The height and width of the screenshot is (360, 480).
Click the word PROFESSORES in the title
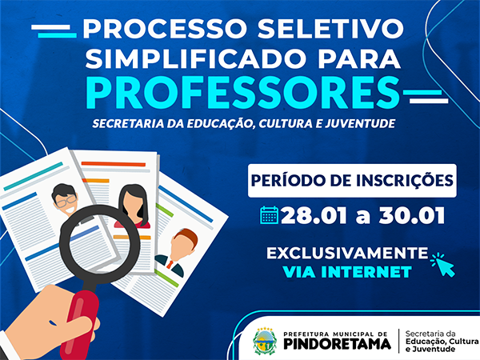[243, 93]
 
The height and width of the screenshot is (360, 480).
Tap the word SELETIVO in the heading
[330, 29]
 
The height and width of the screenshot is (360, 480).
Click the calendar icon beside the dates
[270, 215]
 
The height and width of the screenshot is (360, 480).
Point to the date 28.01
[314, 216]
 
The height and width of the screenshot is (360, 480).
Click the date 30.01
[412, 216]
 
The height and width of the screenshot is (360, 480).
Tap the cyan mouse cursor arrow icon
[442, 264]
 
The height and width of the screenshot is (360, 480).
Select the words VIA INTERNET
[347, 272]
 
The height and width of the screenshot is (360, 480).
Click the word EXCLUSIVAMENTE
[347, 253]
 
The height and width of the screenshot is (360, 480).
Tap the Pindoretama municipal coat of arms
[265, 341]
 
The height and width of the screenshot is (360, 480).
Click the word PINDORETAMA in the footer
[337, 344]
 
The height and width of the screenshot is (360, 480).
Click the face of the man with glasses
[65, 201]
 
